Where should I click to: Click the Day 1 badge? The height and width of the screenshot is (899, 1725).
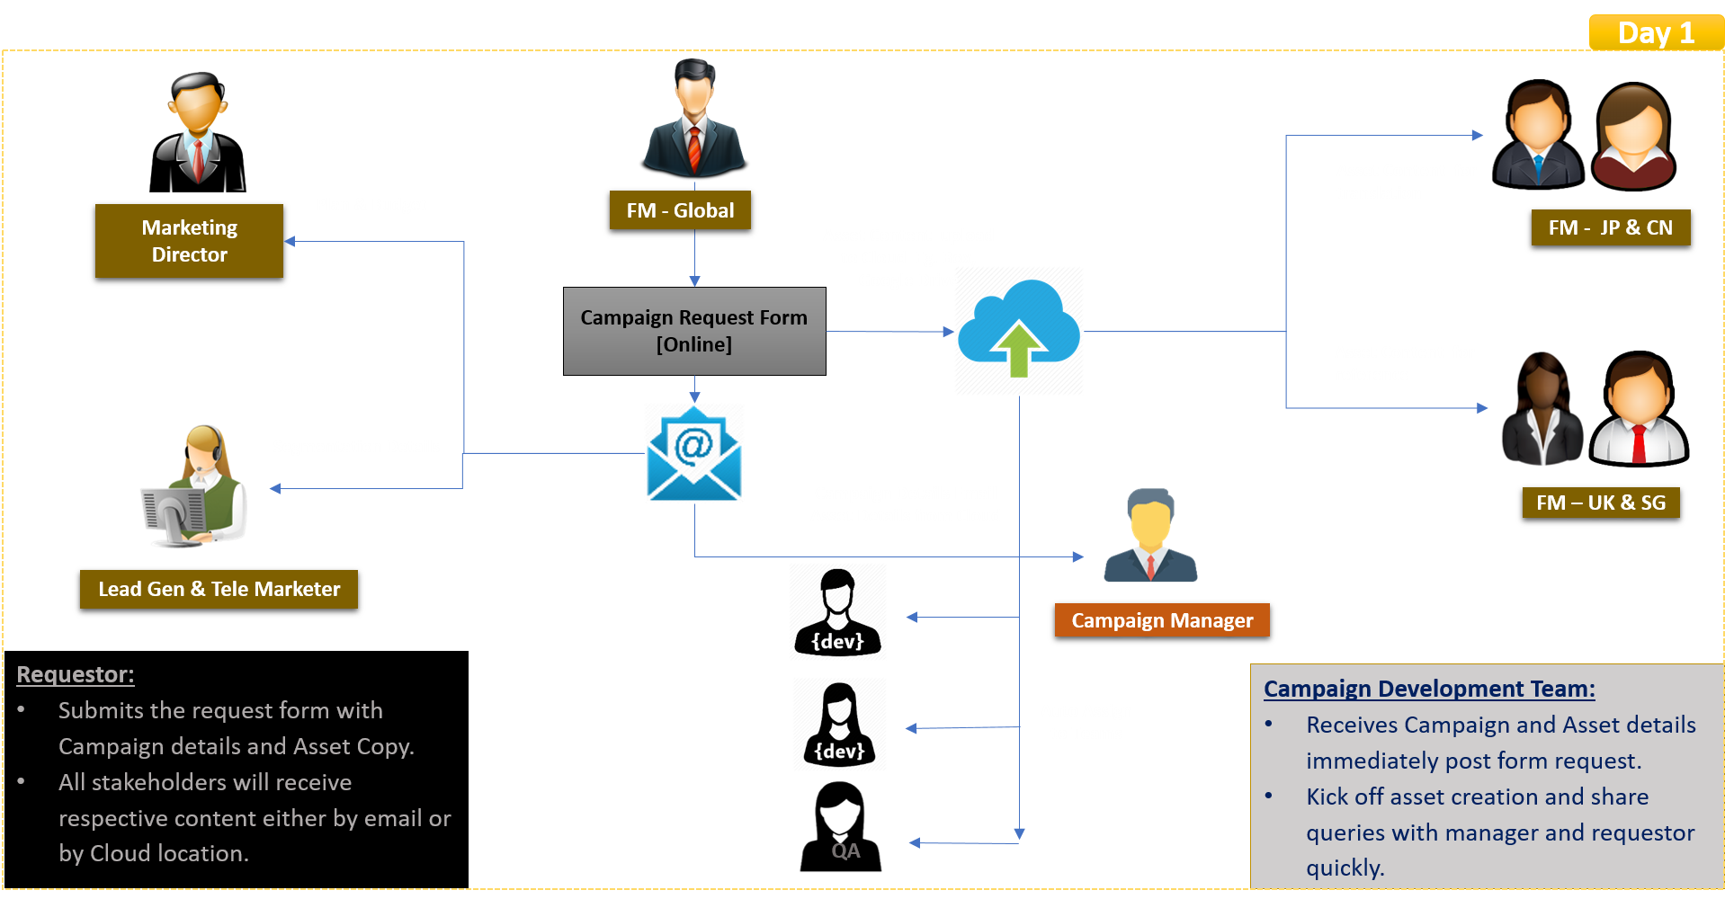point(1656,32)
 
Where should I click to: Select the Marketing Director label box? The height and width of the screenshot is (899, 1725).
point(189,241)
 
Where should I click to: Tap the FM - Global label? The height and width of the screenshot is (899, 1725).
point(680,210)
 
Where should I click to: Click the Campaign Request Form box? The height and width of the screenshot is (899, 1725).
point(693,331)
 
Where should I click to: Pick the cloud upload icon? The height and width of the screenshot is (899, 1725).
point(1018,331)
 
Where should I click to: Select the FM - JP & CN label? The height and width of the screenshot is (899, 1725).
point(1610,227)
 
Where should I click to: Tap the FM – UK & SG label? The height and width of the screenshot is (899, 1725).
point(1601,503)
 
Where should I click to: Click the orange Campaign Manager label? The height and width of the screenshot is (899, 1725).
point(1162,620)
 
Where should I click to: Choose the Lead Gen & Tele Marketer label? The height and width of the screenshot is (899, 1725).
point(219,589)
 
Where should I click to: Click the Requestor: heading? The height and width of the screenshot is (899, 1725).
point(76,674)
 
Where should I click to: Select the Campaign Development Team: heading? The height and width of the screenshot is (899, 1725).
point(1429,689)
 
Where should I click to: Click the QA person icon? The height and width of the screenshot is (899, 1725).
point(842,825)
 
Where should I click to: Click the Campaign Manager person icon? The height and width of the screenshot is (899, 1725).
point(1150,536)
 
